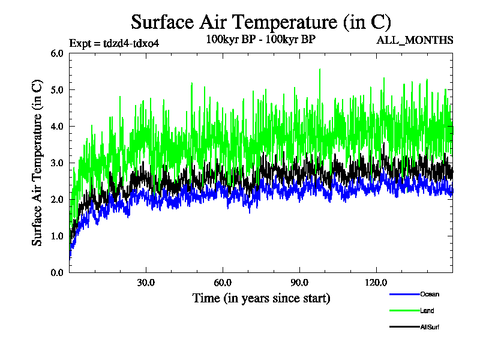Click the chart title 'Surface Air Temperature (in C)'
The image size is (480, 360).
[261, 22]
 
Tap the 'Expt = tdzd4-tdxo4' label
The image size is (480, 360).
[115, 43]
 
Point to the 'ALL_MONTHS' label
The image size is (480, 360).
[415, 40]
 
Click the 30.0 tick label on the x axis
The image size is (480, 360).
[146, 283]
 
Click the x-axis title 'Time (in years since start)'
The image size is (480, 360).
[261, 298]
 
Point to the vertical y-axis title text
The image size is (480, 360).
[37, 163]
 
